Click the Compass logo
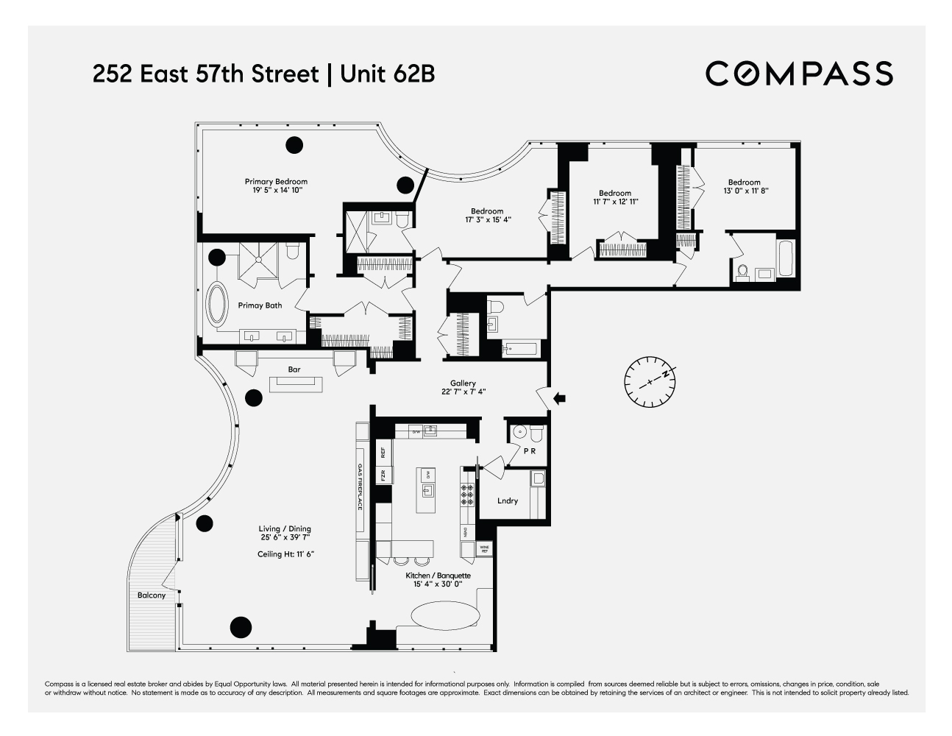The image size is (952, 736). pos(799,74)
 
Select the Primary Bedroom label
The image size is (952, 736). pos(276,182)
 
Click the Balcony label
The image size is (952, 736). pos(152,595)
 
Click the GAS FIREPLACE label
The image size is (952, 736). pos(360,486)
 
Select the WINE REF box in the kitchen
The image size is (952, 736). pos(485,548)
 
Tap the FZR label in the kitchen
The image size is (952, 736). pos(383,475)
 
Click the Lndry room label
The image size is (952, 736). pos(508,500)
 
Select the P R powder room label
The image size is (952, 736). pos(530,452)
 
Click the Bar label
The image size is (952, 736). pos(294,369)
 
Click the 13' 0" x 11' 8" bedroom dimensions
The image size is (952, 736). pos(745,191)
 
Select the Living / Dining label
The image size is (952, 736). pos(285,528)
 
